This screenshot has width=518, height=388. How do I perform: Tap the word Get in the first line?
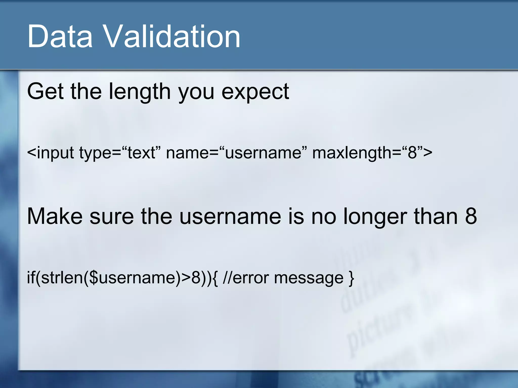(45, 91)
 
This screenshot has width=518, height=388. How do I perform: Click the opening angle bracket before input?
(31, 153)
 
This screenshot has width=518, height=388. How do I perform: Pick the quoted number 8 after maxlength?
(412, 152)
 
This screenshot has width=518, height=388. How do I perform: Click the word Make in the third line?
(55, 216)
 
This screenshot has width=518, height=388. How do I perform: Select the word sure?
(112, 217)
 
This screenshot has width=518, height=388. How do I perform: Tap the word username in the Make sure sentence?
(230, 217)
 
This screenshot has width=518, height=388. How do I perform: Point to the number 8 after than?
(471, 216)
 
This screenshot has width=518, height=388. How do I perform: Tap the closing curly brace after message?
(351, 278)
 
